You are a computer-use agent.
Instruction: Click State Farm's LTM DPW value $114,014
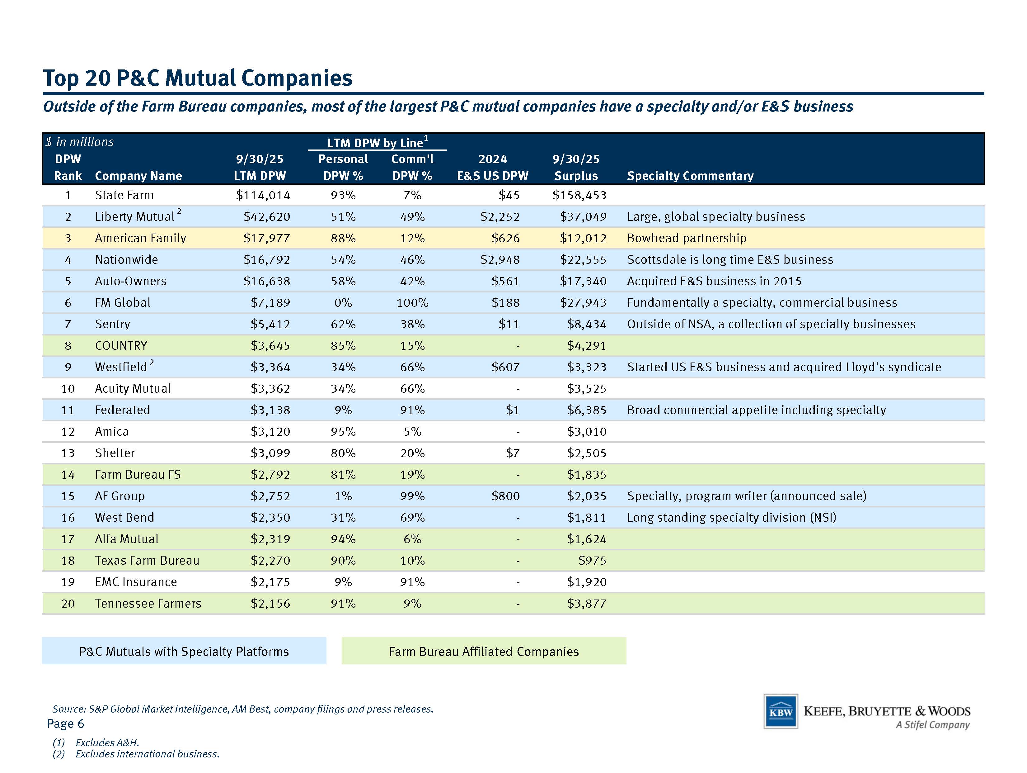[263, 195]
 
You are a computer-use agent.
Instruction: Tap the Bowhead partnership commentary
[687, 238]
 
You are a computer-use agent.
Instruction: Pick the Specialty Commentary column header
[690, 176]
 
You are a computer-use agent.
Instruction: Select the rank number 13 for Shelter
[68, 453]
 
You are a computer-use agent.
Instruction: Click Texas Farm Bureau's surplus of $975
[593, 561]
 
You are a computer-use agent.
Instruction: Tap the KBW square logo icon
[781, 711]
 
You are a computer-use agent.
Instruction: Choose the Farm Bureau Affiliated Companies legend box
[484, 651]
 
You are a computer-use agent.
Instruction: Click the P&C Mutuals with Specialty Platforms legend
[184, 651]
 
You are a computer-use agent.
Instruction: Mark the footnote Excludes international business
[147, 753]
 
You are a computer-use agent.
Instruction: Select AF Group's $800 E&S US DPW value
[506, 496]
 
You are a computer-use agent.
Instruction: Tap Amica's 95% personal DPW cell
[343, 432]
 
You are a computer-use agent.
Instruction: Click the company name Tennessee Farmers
[148, 604]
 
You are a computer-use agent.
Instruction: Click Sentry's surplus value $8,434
[587, 324]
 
